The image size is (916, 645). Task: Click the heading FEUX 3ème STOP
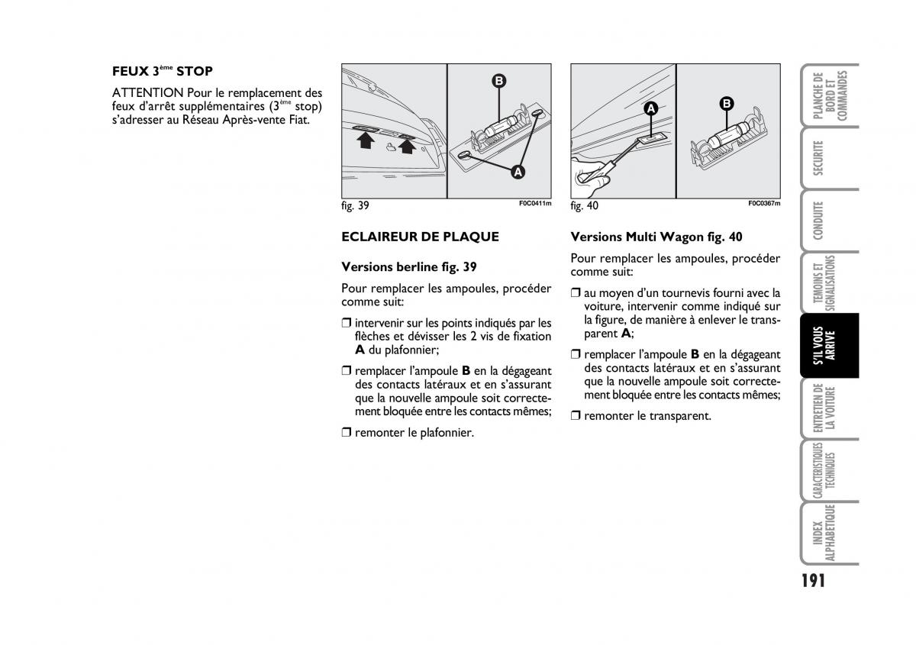click(x=162, y=72)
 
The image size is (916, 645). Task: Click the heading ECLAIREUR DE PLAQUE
click(x=420, y=237)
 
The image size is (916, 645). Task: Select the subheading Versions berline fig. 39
click(x=409, y=267)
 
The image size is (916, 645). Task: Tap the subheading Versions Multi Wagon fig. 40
click(x=656, y=237)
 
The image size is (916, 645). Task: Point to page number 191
click(x=814, y=580)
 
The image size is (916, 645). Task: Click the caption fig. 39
click(x=356, y=206)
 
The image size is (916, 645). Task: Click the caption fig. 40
click(x=585, y=206)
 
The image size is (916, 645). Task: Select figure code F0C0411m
click(x=534, y=204)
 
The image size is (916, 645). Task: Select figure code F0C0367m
click(x=764, y=204)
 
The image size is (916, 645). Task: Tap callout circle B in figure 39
click(x=498, y=80)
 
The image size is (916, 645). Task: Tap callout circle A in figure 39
click(x=518, y=173)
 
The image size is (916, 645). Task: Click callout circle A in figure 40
click(x=650, y=108)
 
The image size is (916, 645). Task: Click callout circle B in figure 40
click(x=727, y=103)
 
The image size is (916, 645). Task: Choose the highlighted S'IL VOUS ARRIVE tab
click(x=831, y=345)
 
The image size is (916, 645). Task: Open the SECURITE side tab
click(x=819, y=158)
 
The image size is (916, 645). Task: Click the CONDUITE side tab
click(x=819, y=221)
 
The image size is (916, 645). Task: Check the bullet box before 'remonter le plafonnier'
click(x=347, y=433)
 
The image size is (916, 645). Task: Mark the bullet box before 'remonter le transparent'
click(x=576, y=416)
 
